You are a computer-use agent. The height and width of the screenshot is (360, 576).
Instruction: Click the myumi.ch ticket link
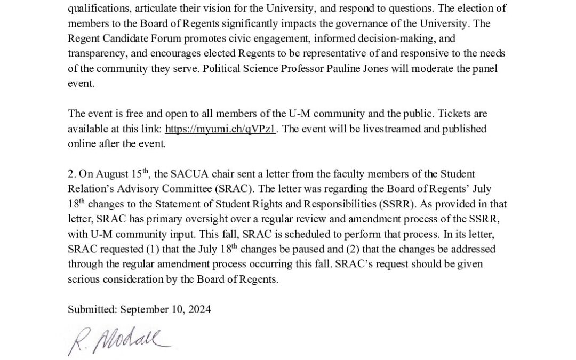click(x=221, y=129)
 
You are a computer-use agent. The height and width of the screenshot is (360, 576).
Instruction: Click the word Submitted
click(x=92, y=309)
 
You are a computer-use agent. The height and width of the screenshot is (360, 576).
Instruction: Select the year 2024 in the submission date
click(x=199, y=309)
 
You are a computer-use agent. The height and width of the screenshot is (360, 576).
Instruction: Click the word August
click(x=106, y=174)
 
